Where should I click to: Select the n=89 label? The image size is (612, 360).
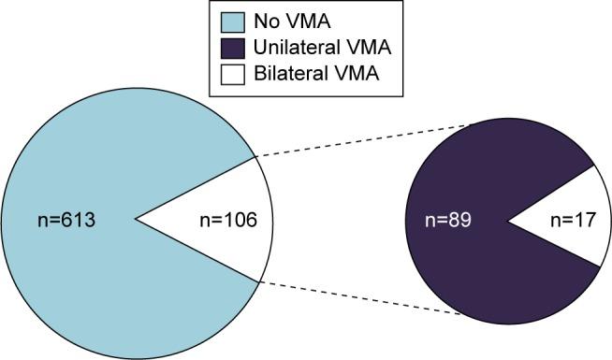pos(445,222)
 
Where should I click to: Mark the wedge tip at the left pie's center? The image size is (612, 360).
pos(138,221)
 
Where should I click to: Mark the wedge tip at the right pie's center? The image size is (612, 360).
pos(508,222)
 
